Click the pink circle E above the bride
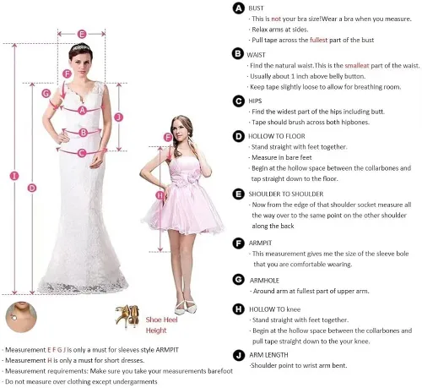click(82, 34)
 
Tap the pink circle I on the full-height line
click(14, 176)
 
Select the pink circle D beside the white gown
click(32, 188)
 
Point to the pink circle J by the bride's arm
click(119, 117)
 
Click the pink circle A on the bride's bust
click(82, 110)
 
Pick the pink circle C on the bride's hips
click(82, 153)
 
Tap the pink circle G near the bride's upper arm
click(46, 93)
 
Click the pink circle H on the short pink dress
click(160, 195)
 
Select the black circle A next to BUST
click(238, 8)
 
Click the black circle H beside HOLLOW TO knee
click(238, 309)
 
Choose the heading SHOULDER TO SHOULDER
click(286, 194)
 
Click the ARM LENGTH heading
click(268, 355)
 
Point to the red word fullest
click(319, 40)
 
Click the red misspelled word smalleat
click(357, 65)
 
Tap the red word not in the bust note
click(276, 19)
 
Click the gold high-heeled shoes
click(127, 315)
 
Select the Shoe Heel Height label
click(161, 325)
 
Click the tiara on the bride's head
click(81, 47)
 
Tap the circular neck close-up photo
click(21, 317)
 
